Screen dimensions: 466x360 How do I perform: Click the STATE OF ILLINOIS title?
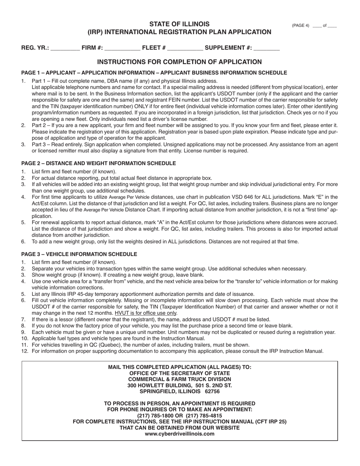click(179, 24)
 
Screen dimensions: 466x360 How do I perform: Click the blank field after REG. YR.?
click(65, 48)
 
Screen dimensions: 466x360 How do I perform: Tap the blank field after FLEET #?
click(185, 48)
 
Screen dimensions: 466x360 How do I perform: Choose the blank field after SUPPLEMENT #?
click(266, 48)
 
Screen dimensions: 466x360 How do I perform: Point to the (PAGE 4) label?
click(301, 26)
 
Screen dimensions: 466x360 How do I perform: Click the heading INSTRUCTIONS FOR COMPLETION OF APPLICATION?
click(179, 62)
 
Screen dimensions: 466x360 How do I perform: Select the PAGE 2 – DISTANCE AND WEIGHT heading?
click(99, 163)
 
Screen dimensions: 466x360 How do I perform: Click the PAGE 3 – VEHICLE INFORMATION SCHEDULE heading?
click(79, 254)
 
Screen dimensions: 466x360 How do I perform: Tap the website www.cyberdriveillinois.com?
click(179, 434)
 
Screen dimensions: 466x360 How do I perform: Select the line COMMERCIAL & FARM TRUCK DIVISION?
click(179, 379)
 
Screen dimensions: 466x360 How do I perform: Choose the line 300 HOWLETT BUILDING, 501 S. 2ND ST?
click(179, 385)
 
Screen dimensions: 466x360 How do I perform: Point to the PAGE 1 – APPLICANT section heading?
click(154, 73)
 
